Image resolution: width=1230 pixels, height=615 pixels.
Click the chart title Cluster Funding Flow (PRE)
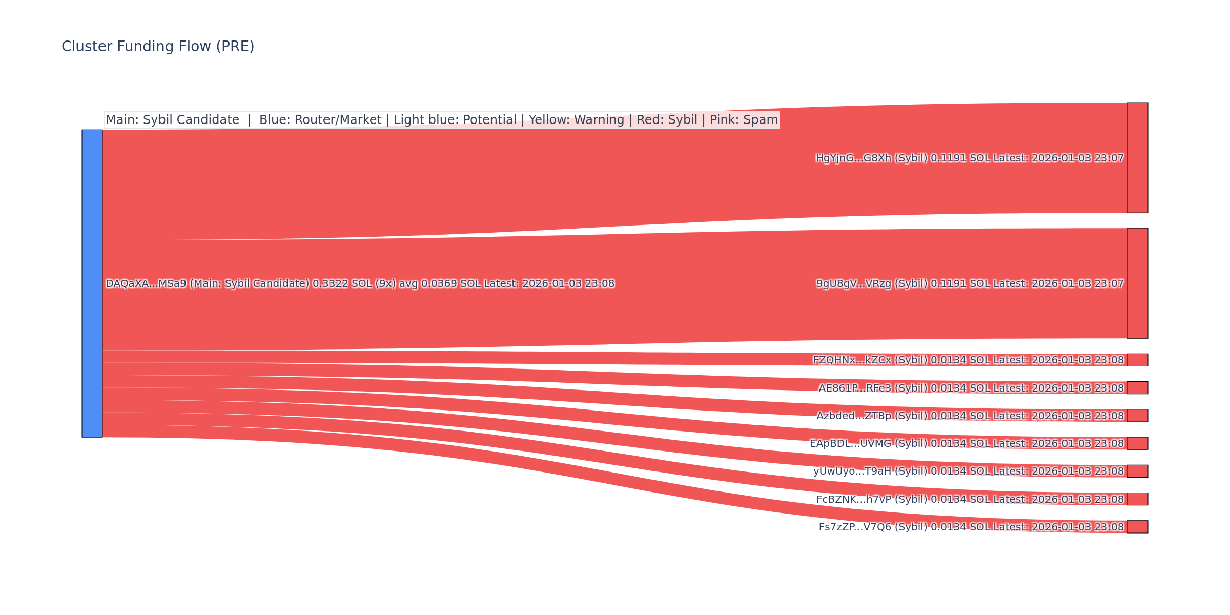[158, 47]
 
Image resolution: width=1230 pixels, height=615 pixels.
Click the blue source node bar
[92, 283]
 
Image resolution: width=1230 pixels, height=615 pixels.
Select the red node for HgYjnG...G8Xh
[1137, 157]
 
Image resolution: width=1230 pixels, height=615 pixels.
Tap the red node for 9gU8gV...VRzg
[1137, 283]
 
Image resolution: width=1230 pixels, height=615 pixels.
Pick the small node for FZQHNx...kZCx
[1137, 360]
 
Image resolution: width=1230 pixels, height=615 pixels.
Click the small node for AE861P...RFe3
[1137, 387]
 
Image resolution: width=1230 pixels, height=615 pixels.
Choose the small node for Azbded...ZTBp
[1137, 415]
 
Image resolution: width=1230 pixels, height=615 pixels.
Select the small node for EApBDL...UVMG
[1137, 443]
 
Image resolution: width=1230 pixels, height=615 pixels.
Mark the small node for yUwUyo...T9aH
[1137, 471]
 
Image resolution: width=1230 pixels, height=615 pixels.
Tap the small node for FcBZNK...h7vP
[1137, 499]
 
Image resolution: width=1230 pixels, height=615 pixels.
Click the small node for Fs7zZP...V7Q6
[1137, 526]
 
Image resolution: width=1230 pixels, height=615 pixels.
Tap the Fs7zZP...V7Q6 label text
[971, 527]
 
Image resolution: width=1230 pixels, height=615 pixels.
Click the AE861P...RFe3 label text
[971, 388]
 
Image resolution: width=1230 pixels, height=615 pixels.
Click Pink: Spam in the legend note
[744, 120]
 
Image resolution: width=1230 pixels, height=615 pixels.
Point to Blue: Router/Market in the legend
[320, 120]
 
